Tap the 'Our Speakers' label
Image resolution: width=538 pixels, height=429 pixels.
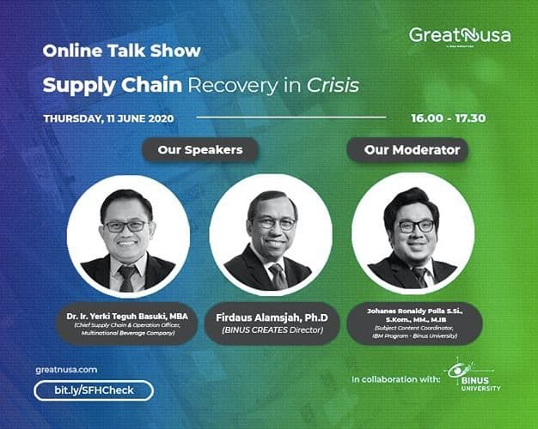click(199, 150)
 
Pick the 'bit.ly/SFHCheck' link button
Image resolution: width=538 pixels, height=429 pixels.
click(94, 390)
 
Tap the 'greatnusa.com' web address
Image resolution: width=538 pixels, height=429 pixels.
click(67, 369)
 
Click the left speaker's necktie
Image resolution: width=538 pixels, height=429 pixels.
click(128, 276)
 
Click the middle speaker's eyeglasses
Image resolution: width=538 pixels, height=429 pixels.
click(272, 223)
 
